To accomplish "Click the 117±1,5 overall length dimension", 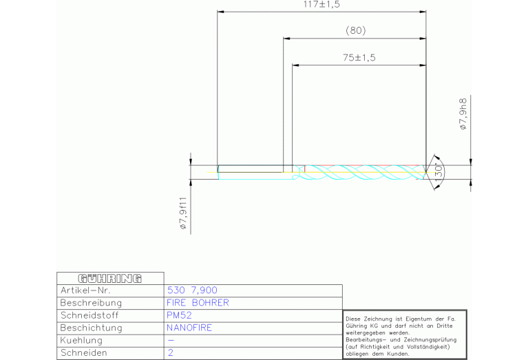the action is click(x=321, y=4).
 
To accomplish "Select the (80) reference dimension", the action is click(x=356, y=31).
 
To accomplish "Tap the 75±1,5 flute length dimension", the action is click(x=359, y=58).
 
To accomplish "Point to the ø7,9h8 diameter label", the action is click(x=464, y=114).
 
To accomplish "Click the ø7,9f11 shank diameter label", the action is click(x=183, y=213).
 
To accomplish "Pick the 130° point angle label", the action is click(x=439, y=172).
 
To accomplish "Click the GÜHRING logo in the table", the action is click(x=109, y=279).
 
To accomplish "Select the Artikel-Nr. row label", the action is click(x=85, y=290).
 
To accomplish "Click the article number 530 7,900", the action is click(x=192, y=290).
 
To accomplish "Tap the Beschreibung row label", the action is click(x=91, y=303).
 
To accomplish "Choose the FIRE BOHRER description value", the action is click(x=198, y=303).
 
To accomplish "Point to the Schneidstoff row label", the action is click(x=89, y=315).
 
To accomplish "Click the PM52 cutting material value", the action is click(x=179, y=315).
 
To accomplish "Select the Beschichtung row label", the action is click(x=91, y=328).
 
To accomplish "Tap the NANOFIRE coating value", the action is click(x=189, y=328).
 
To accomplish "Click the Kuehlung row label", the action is click(x=81, y=341).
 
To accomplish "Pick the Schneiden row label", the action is click(x=84, y=352).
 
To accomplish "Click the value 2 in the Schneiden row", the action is click(x=171, y=352).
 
